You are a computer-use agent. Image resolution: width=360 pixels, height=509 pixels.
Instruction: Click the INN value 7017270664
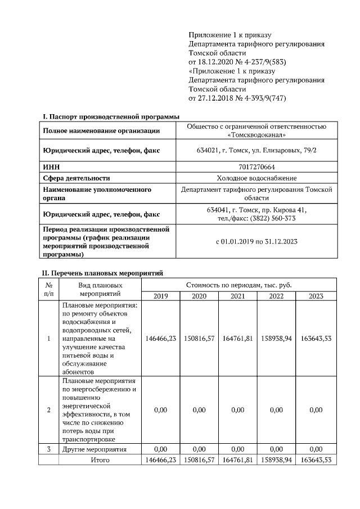[256, 167]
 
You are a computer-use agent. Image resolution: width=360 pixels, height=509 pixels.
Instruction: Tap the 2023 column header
[316, 296]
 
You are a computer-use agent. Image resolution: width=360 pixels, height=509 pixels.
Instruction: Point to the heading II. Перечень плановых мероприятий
[102, 273]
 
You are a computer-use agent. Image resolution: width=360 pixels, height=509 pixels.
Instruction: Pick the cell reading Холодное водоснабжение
[256, 178]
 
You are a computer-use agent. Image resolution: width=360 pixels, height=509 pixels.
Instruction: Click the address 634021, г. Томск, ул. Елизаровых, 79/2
[256, 151]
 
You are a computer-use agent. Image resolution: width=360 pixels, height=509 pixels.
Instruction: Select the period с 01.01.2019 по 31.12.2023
[256, 241]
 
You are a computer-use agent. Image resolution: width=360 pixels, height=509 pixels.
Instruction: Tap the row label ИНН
[51, 167]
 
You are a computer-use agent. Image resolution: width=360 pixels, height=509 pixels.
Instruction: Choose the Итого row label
[100, 460]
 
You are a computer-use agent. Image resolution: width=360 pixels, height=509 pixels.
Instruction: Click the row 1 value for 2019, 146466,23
[160, 339]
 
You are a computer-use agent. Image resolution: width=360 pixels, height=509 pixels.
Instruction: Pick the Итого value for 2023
[316, 460]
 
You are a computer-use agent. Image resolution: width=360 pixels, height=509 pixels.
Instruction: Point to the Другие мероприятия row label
[94, 449]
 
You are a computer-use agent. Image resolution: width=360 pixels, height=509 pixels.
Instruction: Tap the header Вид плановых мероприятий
[100, 290]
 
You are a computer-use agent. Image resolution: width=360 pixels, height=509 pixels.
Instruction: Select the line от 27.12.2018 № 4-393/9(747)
[242, 98]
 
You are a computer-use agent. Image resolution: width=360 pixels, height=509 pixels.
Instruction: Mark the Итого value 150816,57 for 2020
[199, 460]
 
